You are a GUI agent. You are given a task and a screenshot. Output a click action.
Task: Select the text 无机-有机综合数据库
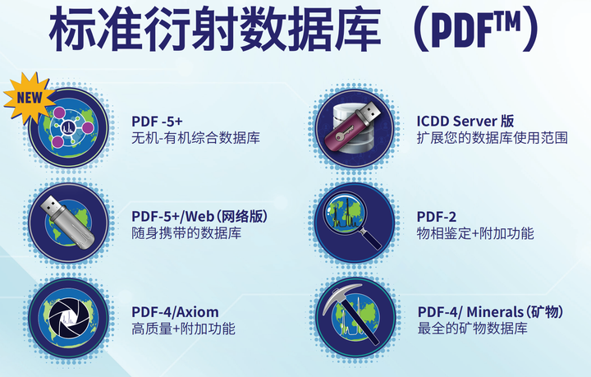tap(195, 139)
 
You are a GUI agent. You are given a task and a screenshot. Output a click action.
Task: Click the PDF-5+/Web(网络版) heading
tap(199, 216)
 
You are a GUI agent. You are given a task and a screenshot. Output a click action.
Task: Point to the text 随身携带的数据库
tap(186, 233)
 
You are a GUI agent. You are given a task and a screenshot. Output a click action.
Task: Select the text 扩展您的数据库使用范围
tap(492, 138)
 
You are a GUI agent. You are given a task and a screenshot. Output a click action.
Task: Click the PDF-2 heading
tap(437, 216)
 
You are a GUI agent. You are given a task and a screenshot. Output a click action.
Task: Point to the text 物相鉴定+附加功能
tap(475, 233)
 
